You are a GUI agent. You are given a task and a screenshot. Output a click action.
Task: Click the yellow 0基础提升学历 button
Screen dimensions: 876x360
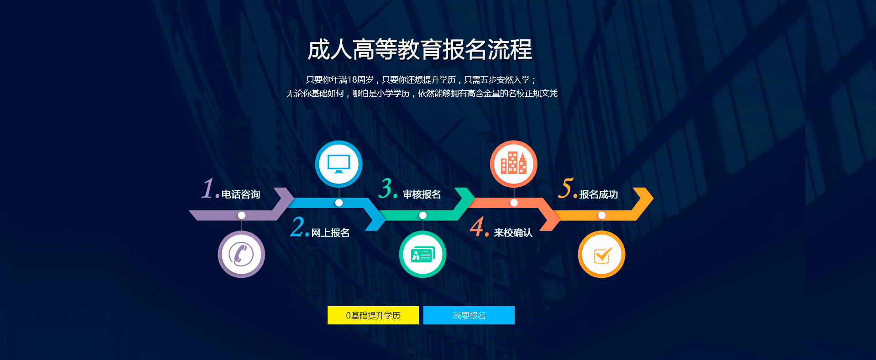point(373,315)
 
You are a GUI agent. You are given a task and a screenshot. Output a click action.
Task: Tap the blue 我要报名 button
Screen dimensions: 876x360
point(469,315)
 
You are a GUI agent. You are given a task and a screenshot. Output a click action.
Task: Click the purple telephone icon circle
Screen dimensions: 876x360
point(241,254)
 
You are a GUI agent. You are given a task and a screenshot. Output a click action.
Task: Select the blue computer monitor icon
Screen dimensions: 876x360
point(339,164)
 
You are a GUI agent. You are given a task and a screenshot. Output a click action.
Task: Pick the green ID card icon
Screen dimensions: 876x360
point(422,254)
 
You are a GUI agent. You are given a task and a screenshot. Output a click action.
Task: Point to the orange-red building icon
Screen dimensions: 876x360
point(514,164)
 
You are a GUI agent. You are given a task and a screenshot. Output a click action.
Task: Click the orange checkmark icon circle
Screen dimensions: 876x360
point(601,254)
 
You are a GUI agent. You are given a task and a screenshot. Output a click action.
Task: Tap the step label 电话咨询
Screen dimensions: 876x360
point(241,194)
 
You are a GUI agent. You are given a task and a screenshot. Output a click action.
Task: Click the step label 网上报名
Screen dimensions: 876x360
point(330,233)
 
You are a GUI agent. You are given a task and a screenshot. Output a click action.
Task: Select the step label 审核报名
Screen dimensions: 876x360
point(422,194)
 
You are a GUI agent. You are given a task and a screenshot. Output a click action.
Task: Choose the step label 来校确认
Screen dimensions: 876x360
point(513,233)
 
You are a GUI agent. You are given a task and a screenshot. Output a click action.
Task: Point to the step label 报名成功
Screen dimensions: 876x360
point(599,194)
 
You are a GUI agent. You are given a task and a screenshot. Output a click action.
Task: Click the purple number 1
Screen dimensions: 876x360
point(208,188)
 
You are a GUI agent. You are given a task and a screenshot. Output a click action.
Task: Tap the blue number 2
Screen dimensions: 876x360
point(298,226)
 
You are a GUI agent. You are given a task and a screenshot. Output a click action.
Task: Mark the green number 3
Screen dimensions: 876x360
point(387,188)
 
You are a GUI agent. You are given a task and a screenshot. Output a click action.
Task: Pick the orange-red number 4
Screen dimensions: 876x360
point(477,226)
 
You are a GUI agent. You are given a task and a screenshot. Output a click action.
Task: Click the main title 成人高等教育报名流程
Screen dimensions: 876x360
point(420,50)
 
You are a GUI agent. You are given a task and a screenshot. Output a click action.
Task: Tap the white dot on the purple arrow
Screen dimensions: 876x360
point(241,215)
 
